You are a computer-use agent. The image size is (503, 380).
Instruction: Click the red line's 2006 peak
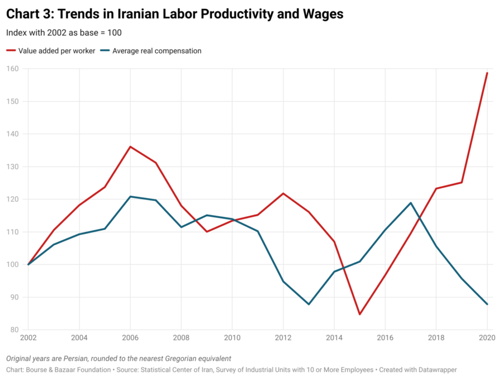(x=130, y=146)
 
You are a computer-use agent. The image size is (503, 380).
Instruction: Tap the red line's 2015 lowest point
(x=360, y=314)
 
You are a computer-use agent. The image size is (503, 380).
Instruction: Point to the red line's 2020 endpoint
(x=487, y=73)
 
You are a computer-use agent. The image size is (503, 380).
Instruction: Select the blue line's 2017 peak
(x=411, y=203)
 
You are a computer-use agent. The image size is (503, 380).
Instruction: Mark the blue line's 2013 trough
(x=309, y=304)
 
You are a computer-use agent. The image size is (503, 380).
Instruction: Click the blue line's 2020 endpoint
(x=487, y=304)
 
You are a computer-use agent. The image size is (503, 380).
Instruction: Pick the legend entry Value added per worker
(x=56, y=51)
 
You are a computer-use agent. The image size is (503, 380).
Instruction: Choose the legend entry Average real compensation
(x=156, y=51)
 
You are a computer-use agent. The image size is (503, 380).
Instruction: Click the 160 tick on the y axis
(x=13, y=69)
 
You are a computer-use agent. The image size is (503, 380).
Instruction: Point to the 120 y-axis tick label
(x=13, y=199)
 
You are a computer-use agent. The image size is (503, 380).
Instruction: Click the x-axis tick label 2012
(x=283, y=339)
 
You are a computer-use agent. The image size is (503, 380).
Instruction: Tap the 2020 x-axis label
(x=487, y=339)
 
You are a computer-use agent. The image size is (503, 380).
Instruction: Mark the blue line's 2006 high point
(x=130, y=197)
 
